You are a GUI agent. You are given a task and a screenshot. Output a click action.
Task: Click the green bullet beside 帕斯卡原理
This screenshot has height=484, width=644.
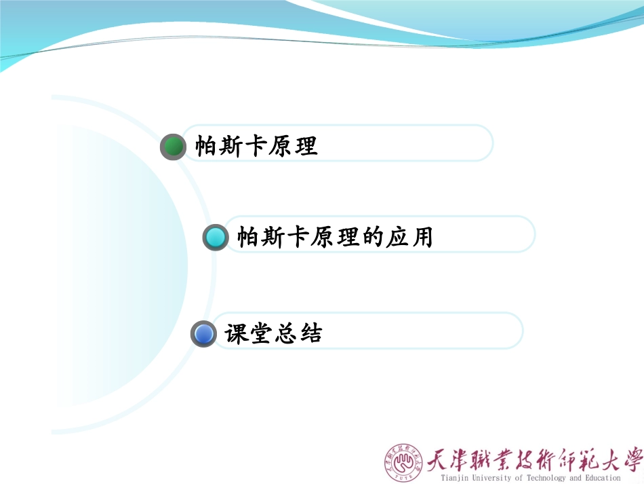click(x=174, y=147)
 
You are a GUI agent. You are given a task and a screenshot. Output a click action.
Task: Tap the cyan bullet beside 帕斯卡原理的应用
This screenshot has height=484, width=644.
click(x=216, y=237)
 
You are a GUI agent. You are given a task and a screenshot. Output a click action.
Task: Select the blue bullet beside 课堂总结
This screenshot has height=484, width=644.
click(x=203, y=333)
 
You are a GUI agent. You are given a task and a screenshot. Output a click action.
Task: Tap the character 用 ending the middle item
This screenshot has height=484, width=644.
click(x=422, y=238)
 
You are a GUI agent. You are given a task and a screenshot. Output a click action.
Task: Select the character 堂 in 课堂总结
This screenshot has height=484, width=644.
click(x=260, y=333)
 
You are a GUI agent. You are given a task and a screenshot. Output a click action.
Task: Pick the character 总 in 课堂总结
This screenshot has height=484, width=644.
click(x=285, y=333)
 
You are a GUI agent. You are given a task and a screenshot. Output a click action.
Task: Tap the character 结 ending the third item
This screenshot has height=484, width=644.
click(x=310, y=333)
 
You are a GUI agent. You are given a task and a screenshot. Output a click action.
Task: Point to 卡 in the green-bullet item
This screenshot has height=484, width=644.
click(x=256, y=147)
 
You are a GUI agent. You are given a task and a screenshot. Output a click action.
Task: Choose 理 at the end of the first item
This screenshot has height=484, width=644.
click(x=306, y=147)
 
